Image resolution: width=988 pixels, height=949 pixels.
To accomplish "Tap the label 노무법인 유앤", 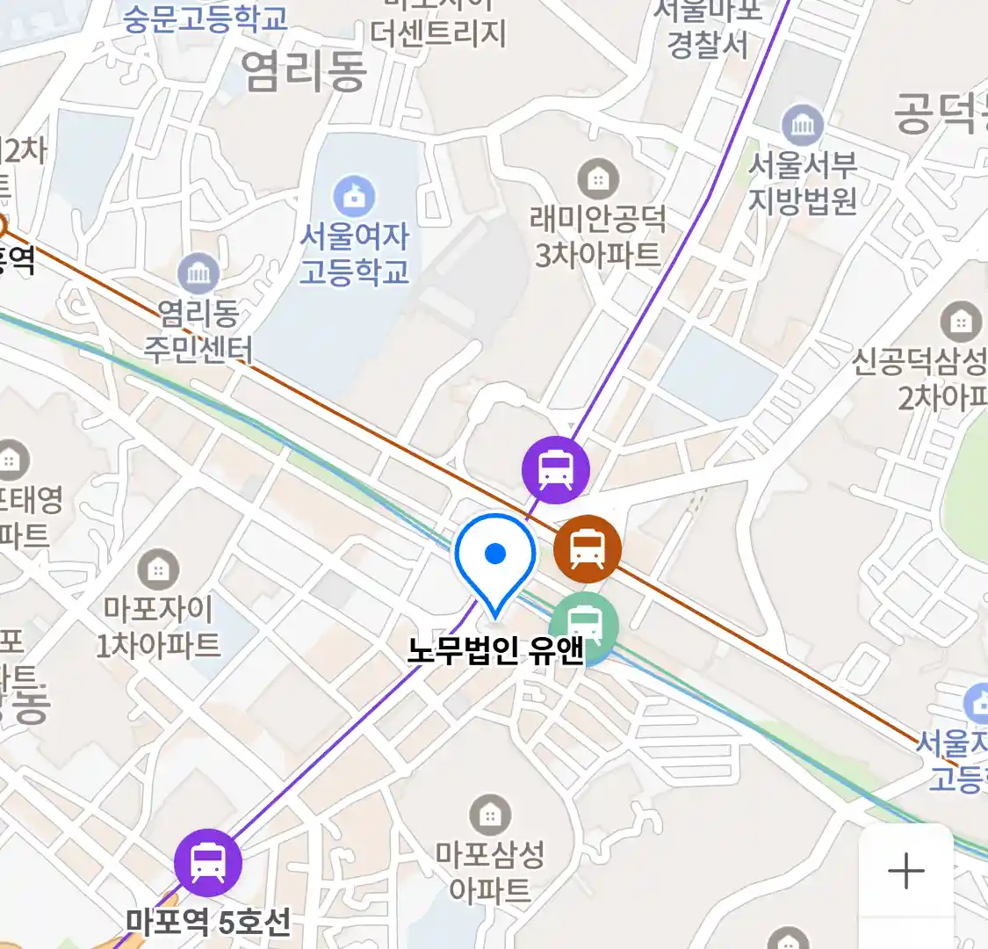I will click(495, 651).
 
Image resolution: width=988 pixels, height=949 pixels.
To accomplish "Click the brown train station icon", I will click(588, 548).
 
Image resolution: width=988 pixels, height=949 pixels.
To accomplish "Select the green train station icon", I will click(584, 626).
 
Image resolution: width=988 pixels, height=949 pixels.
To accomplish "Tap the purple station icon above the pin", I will click(555, 469).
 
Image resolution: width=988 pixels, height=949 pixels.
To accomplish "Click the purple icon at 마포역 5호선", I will click(208, 862).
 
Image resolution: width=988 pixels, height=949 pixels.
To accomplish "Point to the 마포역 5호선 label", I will click(208, 922).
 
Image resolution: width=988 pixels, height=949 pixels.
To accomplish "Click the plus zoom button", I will click(905, 872).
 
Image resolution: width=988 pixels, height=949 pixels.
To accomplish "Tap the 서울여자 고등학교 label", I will click(355, 253).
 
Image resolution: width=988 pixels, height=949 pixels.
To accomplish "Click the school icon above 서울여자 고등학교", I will click(355, 197).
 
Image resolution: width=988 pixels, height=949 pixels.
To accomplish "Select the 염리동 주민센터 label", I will click(198, 331).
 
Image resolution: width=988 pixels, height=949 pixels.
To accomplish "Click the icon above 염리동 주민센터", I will click(198, 274).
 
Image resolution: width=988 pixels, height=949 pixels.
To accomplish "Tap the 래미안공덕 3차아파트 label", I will click(598, 236).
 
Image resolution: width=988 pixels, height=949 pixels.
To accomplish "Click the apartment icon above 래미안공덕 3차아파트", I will click(598, 180).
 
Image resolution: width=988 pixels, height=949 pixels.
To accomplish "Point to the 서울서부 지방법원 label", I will click(802, 183).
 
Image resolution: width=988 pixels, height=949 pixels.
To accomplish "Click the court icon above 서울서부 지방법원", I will click(802, 126).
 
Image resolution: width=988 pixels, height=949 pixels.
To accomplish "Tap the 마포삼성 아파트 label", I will click(490, 872).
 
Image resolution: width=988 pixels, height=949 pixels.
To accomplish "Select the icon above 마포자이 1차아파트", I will click(158, 569).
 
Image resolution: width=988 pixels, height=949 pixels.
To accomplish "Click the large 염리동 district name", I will click(304, 70).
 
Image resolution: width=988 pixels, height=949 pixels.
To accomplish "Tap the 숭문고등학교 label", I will click(206, 18).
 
